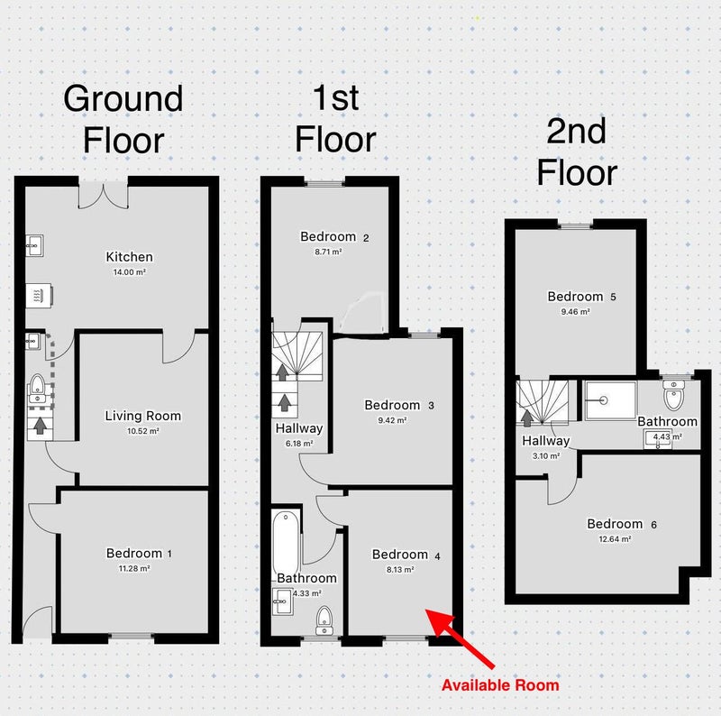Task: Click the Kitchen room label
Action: [x=129, y=257]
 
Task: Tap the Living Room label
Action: [x=143, y=416]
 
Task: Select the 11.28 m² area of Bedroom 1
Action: [x=134, y=568]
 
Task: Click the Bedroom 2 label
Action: [x=334, y=236]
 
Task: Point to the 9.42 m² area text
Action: [x=392, y=420]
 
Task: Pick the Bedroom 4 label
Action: [x=406, y=555]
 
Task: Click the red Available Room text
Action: [x=500, y=685]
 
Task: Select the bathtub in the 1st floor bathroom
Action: [x=286, y=543]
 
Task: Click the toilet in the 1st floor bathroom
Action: [x=325, y=620]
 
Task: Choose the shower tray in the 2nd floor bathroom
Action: [x=610, y=400]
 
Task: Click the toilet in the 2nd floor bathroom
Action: [x=673, y=395]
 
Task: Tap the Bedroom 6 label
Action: [x=622, y=524]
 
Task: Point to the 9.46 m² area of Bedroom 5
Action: [x=575, y=311]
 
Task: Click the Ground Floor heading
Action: [x=123, y=119]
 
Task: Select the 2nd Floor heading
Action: [x=577, y=151]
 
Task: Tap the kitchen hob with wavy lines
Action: [x=39, y=295]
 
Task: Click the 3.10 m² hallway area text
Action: [x=546, y=456]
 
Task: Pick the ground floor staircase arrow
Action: [x=41, y=426]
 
